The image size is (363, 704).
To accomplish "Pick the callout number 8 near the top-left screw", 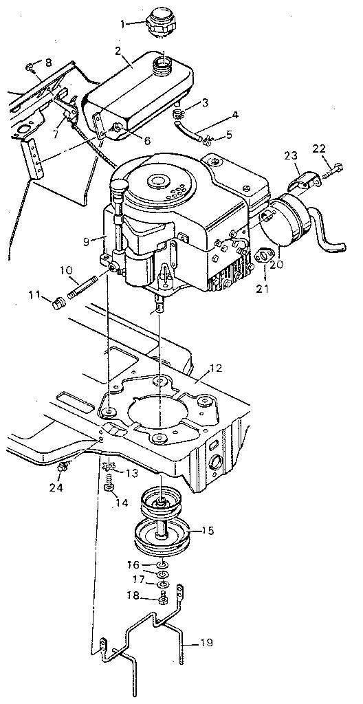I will click(48, 63).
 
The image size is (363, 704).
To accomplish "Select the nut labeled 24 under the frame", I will click(63, 467).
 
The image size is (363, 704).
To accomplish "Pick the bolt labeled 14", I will click(109, 487).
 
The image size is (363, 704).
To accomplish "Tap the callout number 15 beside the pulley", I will click(207, 531).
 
